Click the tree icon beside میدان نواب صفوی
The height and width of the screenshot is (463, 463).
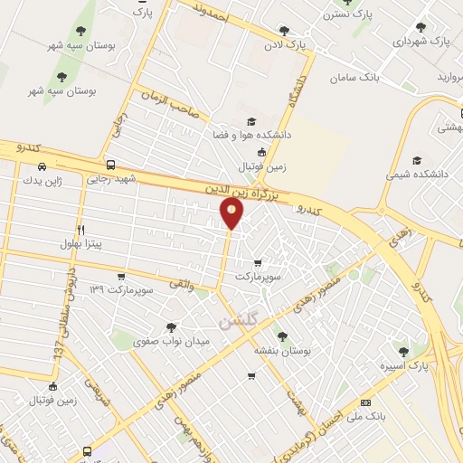click(x=172, y=326)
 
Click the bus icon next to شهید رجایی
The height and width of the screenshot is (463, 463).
click(x=110, y=165)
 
